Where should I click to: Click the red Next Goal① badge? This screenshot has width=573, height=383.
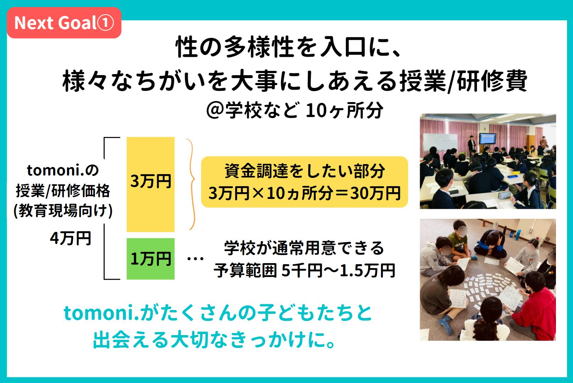coord(64,23)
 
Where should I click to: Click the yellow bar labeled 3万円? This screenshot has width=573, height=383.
coord(150,184)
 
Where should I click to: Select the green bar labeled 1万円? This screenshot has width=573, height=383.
coord(150,259)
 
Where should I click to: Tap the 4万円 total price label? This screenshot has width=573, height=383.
coord(70,238)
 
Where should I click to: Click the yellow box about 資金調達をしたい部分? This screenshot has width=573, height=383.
coord(304,182)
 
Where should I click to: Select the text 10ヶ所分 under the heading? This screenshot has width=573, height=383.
coord(344,110)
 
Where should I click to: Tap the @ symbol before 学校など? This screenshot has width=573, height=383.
coord(215,111)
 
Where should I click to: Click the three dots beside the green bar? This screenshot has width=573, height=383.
coord(195,259)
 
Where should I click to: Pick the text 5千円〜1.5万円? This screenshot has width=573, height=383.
coord(338,271)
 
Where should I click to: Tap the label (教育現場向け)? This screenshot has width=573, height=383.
coord(63,211)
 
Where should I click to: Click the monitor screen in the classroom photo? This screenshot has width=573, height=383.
coord(487,139)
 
